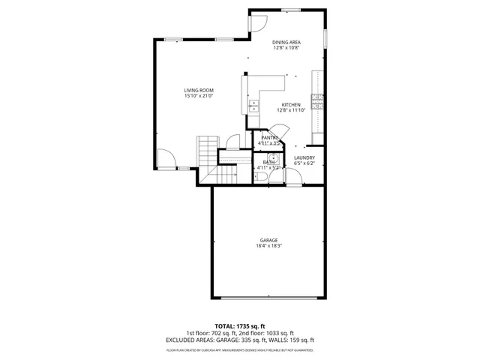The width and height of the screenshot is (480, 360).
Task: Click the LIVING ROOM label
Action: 199,90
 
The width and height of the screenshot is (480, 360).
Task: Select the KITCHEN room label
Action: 291,104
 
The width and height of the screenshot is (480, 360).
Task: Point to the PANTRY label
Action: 269,137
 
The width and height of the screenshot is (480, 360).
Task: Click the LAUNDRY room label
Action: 304,157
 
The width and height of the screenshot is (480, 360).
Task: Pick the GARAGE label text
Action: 268,240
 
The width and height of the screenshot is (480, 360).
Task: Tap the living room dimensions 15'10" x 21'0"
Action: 199,96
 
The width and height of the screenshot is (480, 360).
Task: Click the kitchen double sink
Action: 253,106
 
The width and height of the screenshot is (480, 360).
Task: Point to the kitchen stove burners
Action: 318,102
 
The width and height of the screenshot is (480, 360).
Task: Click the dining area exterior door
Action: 258,22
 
